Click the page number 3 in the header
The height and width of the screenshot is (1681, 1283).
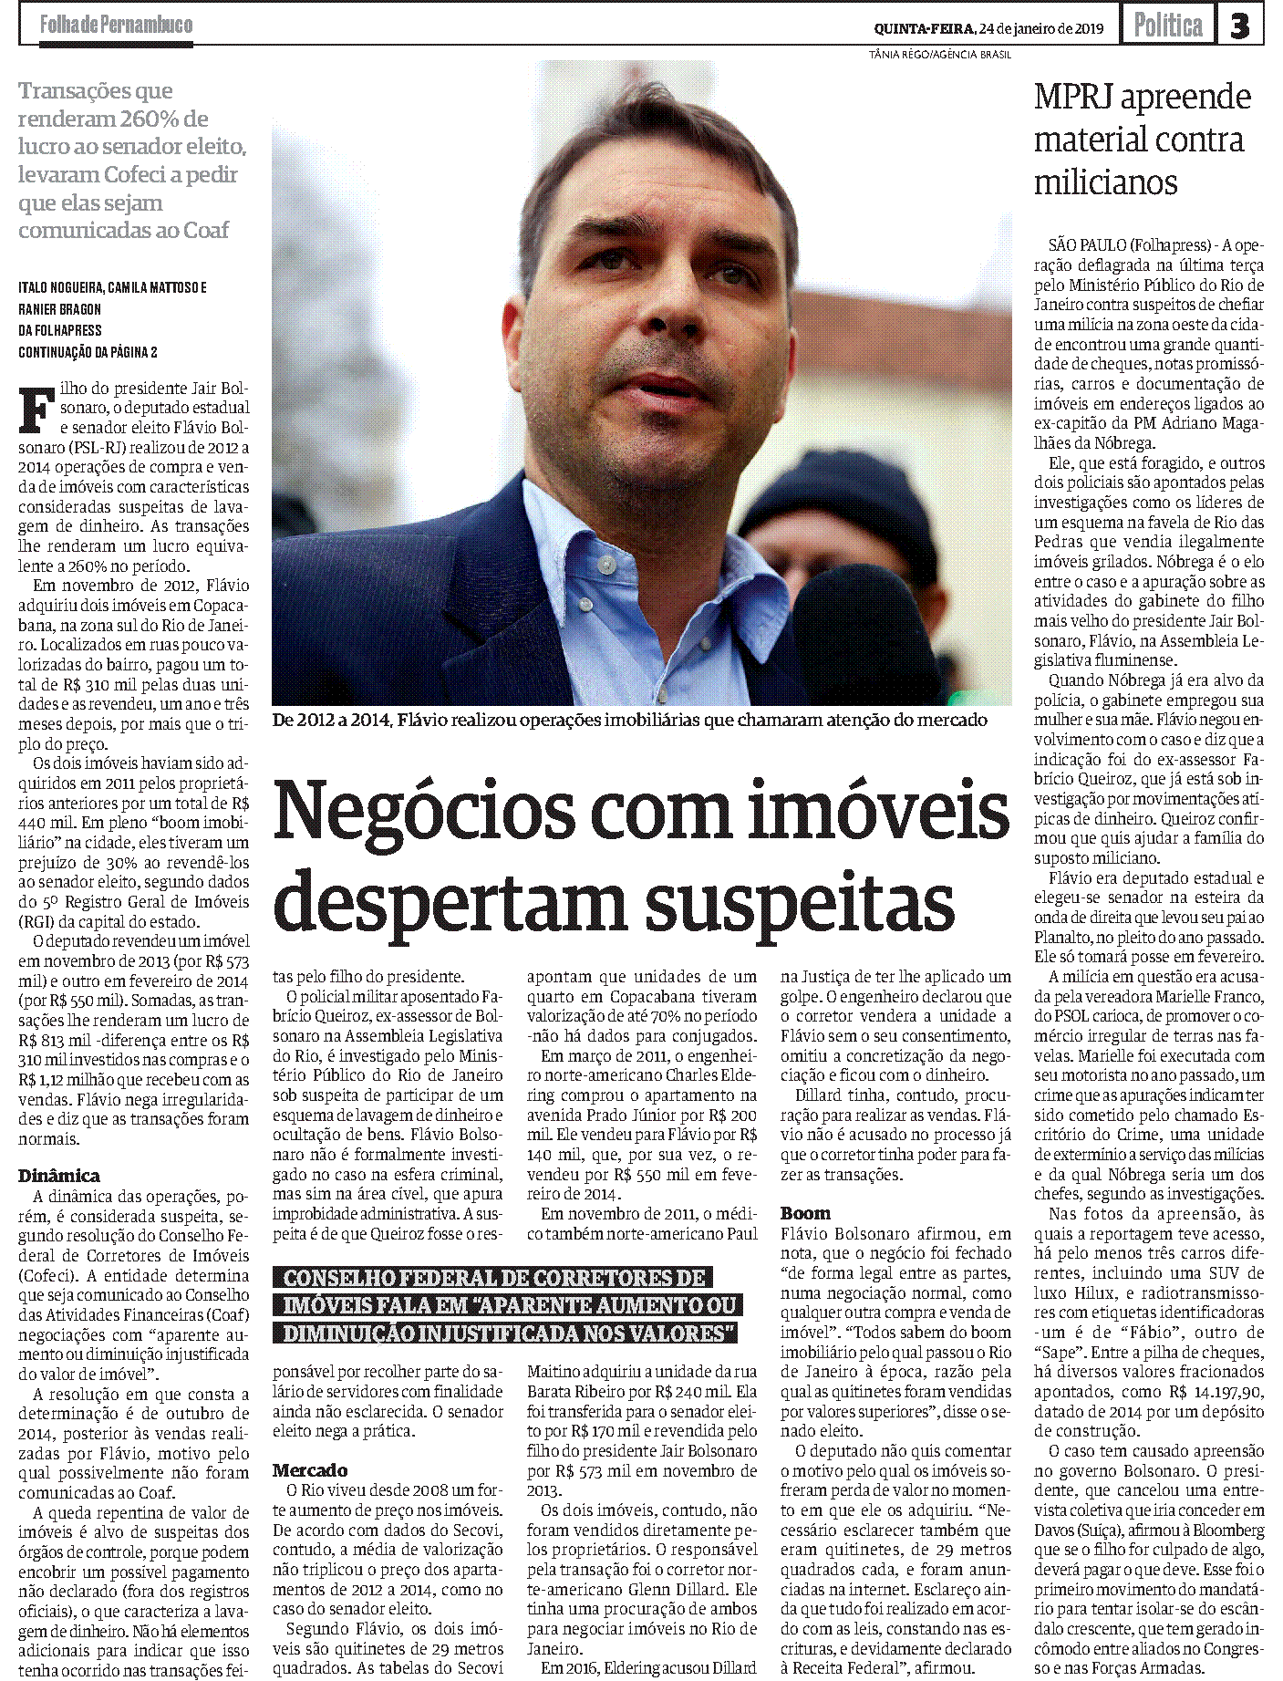(x=1239, y=26)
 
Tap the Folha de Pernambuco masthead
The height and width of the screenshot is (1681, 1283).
(x=116, y=25)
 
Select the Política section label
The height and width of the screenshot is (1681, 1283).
(x=1167, y=26)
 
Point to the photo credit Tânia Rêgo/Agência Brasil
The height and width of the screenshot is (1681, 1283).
(x=939, y=55)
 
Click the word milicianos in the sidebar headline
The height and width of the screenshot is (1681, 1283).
(x=1105, y=182)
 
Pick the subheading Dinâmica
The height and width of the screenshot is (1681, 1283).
(x=59, y=1176)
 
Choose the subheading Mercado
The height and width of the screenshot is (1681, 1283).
(x=310, y=1470)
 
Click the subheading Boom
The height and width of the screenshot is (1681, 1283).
(x=805, y=1213)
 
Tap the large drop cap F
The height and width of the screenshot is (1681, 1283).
(x=36, y=409)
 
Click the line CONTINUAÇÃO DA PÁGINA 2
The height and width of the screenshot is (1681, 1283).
(x=88, y=352)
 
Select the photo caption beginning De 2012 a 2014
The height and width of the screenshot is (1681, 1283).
(x=629, y=721)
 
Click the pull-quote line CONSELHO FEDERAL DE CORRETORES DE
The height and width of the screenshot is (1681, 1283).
(x=493, y=1278)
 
